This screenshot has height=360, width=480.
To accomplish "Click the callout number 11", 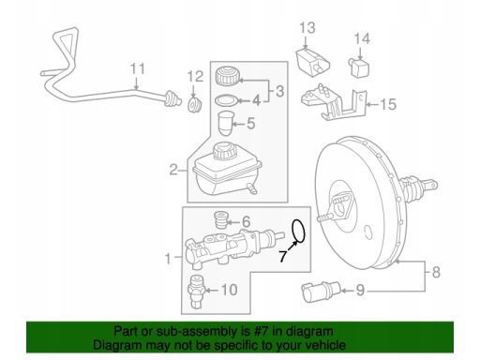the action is [138, 68].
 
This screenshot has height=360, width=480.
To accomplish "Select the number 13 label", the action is [307, 28].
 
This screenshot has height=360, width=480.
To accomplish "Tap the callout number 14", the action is [362, 38].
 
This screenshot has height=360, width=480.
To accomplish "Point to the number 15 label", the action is [388, 104].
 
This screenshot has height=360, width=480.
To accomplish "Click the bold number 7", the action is [283, 256].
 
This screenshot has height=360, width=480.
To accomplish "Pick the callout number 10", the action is [230, 290].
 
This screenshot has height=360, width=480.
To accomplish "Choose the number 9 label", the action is [361, 291].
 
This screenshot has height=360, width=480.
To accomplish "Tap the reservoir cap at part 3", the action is [227, 75].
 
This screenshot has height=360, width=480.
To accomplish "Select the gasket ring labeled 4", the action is [227, 100].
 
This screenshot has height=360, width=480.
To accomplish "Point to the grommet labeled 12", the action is [195, 105].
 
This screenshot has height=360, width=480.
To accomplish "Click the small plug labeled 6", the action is [221, 220].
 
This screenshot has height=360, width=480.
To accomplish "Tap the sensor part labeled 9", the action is [321, 292].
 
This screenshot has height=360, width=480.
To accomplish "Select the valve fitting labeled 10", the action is [196, 292].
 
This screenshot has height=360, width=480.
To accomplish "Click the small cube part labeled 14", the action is [358, 67].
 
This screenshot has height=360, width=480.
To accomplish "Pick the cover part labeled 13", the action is [313, 62].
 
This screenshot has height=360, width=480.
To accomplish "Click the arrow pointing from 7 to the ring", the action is [292, 247].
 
